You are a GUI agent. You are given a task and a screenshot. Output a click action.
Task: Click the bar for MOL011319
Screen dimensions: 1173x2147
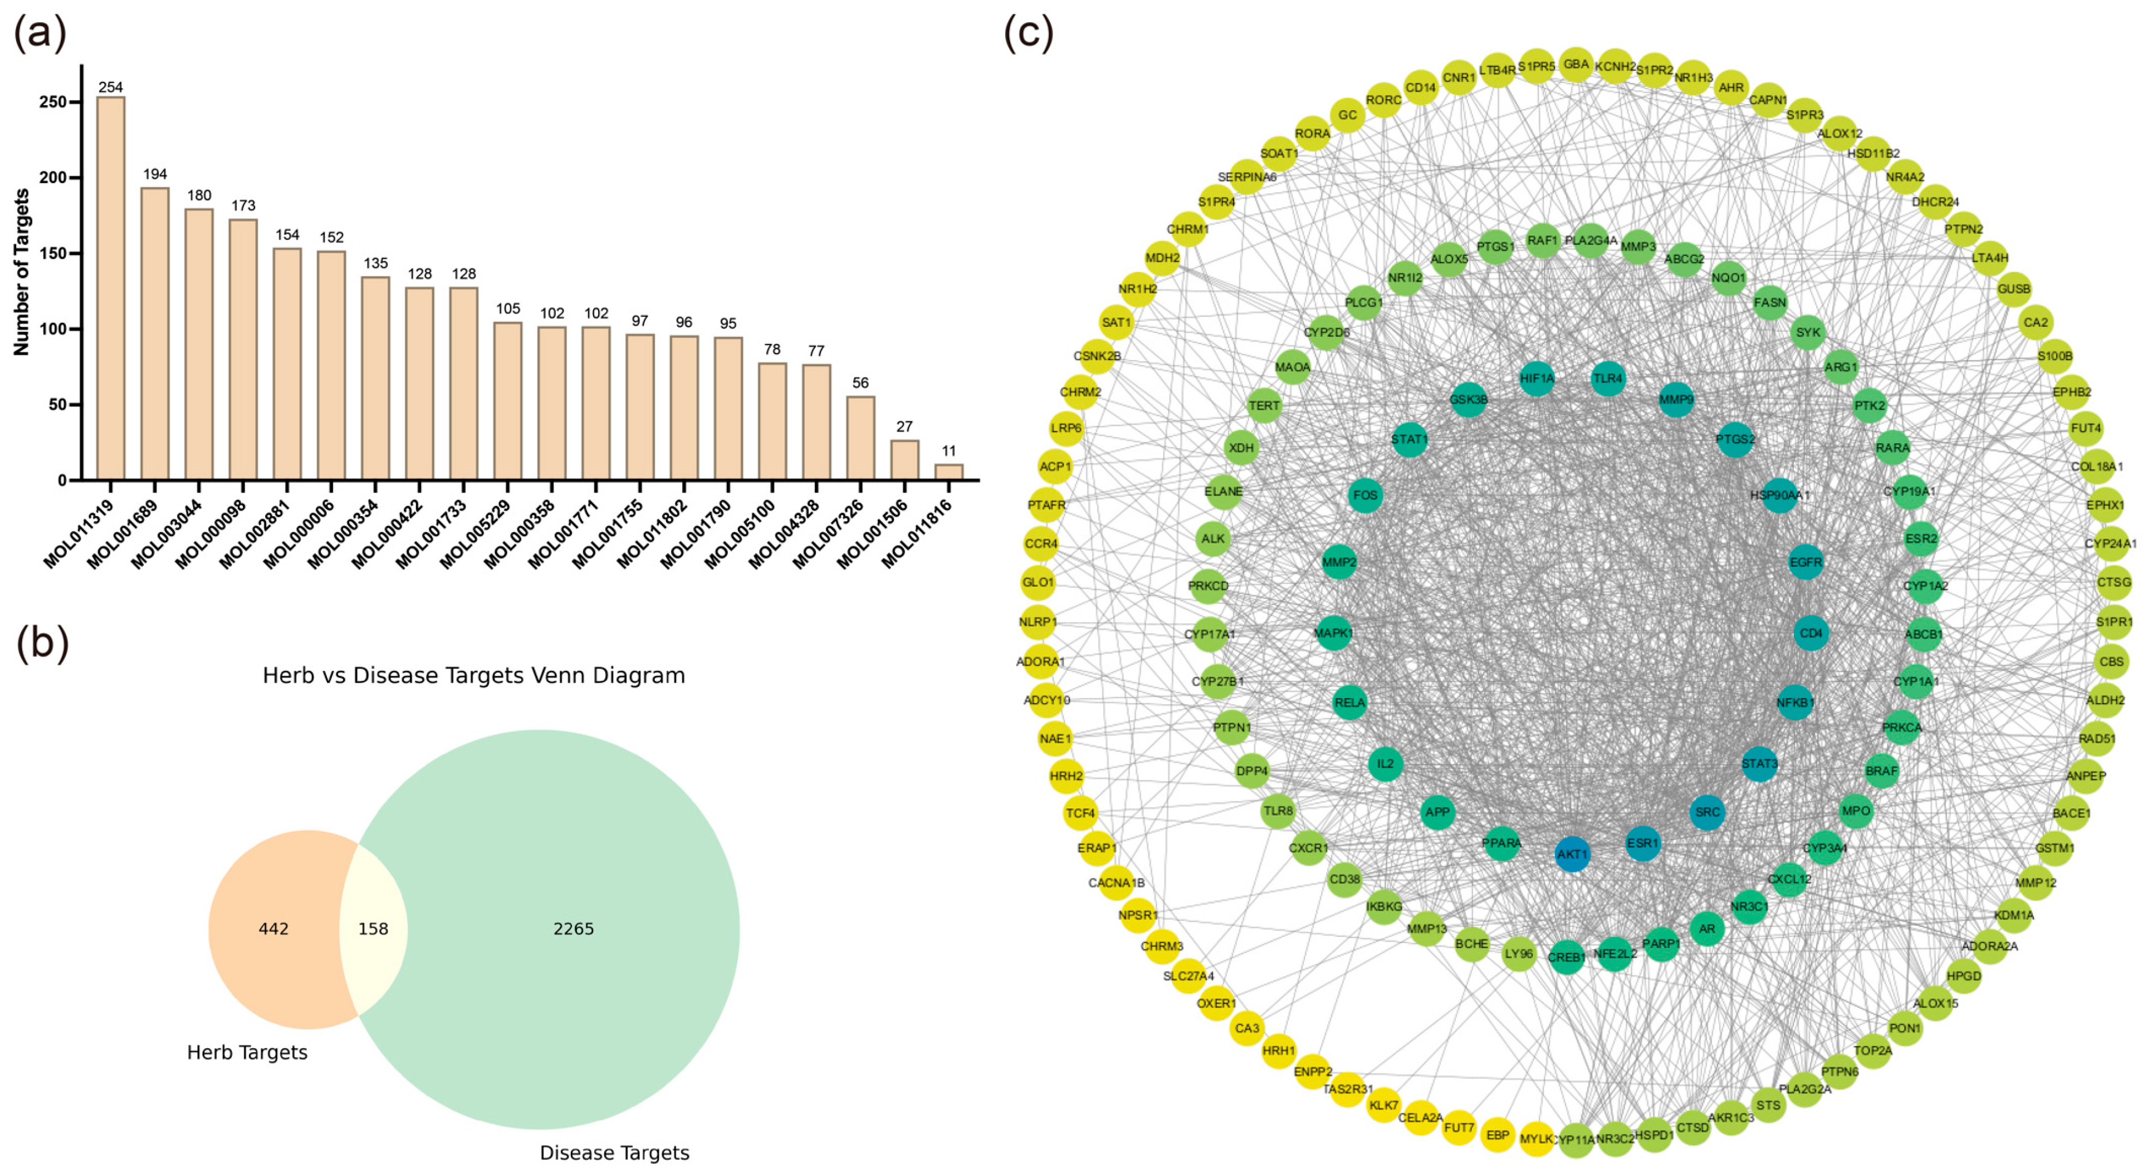[x=111, y=287]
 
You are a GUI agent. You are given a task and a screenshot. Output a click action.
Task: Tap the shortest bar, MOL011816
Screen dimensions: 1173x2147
[x=948, y=472]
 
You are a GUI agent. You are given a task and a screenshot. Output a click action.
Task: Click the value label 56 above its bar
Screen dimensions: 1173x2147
[x=860, y=383]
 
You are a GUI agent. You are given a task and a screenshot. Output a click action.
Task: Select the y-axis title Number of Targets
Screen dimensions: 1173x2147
[x=22, y=272]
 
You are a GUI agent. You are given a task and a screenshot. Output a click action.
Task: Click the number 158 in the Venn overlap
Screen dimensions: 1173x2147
[x=373, y=929]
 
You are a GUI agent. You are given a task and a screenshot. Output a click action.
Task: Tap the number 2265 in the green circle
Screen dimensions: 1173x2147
[x=574, y=929]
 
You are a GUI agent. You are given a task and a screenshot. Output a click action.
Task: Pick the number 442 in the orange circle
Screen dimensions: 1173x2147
[x=273, y=929]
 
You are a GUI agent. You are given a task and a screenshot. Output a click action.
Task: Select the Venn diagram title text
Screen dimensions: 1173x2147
[x=473, y=676]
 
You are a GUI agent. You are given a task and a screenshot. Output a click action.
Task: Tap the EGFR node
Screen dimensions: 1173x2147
[x=1805, y=562]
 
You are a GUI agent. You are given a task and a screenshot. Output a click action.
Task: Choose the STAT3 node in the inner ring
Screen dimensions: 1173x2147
[x=1759, y=763]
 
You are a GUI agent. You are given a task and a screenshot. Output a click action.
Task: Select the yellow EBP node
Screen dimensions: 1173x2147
[x=1498, y=1135]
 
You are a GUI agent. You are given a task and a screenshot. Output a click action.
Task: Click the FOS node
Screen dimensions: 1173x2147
[x=1365, y=495]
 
